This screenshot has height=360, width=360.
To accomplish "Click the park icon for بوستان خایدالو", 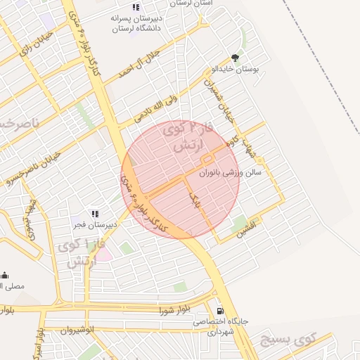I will click(235, 58).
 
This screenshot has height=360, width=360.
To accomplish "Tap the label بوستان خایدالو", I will click(236, 70).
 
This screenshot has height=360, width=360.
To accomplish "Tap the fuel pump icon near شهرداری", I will click(221, 311).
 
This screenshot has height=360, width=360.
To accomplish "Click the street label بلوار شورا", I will click(175, 310).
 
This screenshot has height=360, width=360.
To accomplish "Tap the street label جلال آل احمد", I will click(139, 65).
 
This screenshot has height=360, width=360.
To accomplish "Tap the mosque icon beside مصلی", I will click(4, 275).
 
